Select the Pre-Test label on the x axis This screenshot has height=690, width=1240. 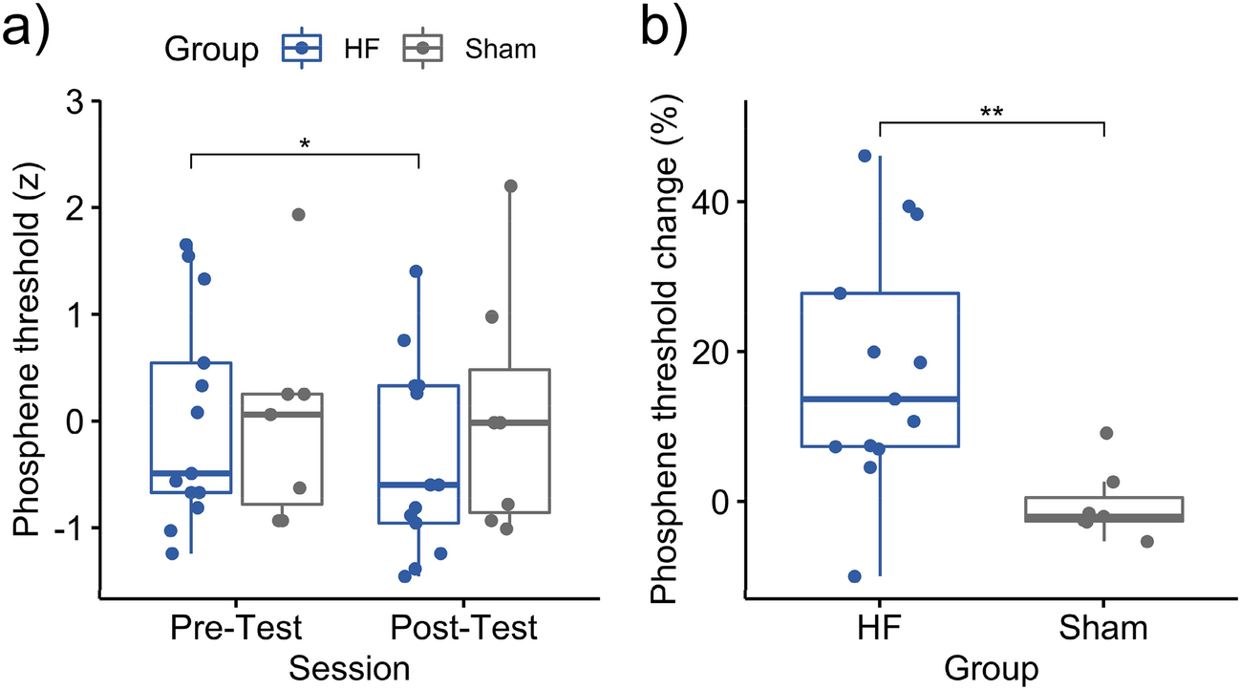(x=236, y=630)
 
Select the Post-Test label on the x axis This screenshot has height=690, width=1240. (x=465, y=630)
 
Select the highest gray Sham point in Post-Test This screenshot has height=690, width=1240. (x=510, y=185)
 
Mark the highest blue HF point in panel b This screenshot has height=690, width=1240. (x=866, y=156)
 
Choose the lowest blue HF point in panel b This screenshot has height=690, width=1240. (x=855, y=576)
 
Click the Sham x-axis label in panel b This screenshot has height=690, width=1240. (x=1104, y=630)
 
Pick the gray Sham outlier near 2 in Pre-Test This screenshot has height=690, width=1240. (x=298, y=214)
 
